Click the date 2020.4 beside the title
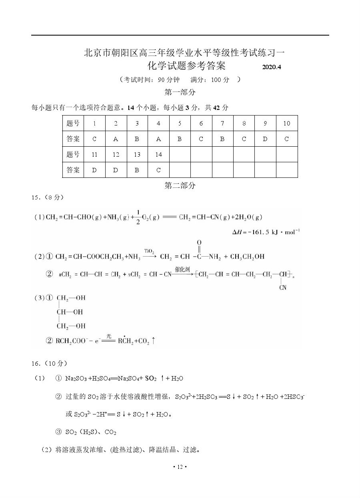pyautogui.click(x=272, y=67)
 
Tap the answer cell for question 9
pyautogui.click(x=265, y=139)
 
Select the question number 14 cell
pyautogui.click(x=158, y=155)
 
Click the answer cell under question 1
pyautogui.click(x=94, y=139)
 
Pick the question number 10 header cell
pyautogui.click(x=286, y=124)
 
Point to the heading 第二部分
pyautogui.click(x=180, y=185)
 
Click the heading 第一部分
pyautogui.click(x=180, y=92)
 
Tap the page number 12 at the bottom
pyautogui.click(x=180, y=467)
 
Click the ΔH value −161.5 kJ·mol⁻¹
pyautogui.click(x=266, y=232)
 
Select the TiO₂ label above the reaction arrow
pyautogui.click(x=149, y=251)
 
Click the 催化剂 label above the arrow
pyautogui.click(x=182, y=269)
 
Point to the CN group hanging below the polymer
pyautogui.click(x=283, y=287)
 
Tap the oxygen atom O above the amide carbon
pyautogui.click(x=199, y=243)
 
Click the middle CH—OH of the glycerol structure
pyautogui.click(x=70, y=312)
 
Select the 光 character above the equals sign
pyautogui.click(x=108, y=336)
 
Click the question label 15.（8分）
pyautogui.click(x=47, y=197)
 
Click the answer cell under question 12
pyautogui.click(x=116, y=170)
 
